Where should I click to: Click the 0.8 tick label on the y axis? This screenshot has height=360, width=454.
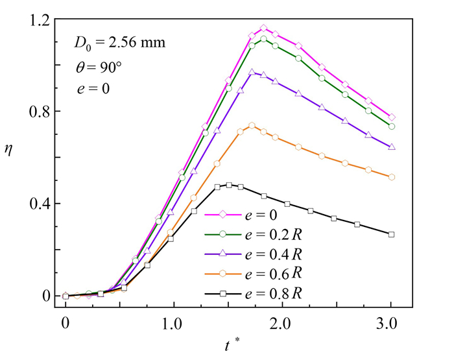click(39, 112)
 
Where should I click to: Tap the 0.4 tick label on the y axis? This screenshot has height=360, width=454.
click(39, 204)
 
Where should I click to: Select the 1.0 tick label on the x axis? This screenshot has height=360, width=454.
click(173, 322)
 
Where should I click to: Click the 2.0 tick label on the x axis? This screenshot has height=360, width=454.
click(281, 322)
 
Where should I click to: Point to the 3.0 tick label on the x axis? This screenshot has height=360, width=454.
click(390, 322)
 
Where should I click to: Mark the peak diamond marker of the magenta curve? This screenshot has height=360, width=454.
click(263, 29)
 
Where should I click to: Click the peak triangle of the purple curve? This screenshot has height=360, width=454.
click(252, 73)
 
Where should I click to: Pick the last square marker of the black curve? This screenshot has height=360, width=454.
click(391, 234)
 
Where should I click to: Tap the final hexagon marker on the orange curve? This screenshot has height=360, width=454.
click(391, 177)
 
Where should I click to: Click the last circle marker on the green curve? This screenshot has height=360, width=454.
click(391, 126)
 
